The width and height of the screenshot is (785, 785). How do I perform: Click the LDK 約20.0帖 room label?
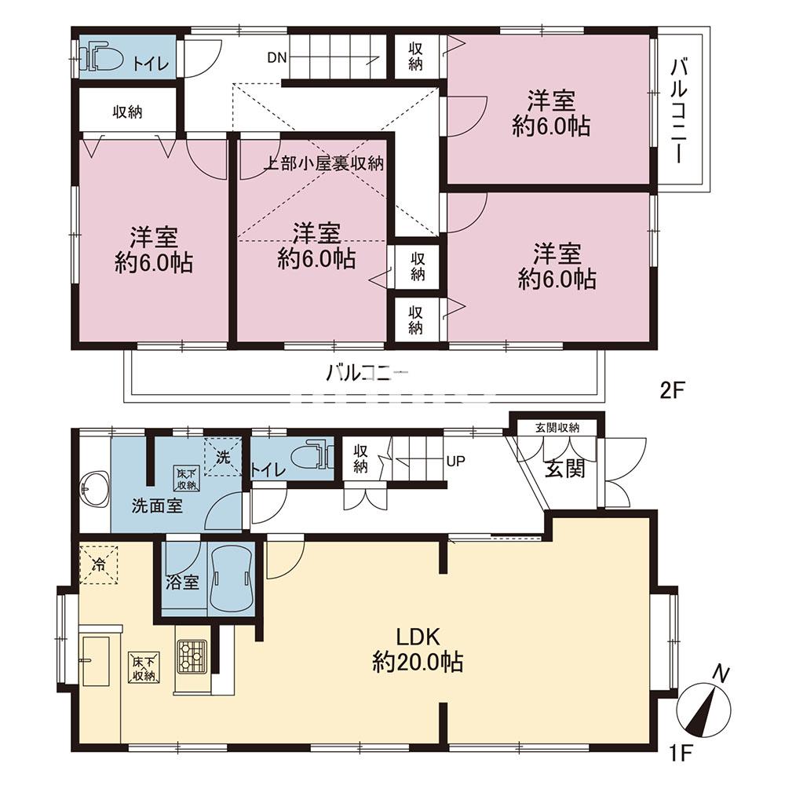pyautogui.click(x=418, y=650)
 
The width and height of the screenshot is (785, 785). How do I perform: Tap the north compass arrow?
pyautogui.click(x=703, y=706)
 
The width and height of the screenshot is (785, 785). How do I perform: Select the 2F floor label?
pyautogui.click(x=672, y=390)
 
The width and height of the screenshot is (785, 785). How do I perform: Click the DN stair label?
pyautogui.click(x=277, y=57)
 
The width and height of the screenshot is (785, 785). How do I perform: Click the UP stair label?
pyautogui.click(x=455, y=461)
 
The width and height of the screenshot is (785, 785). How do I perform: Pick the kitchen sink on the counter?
pyautogui.click(x=96, y=661)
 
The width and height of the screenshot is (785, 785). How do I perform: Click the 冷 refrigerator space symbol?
pyautogui.click(x=99, y=564)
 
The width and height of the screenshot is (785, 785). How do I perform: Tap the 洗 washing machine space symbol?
pyautogui.click(x=223, y=457)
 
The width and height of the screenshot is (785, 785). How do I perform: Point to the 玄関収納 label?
pyautogui.click(x=557, y=428)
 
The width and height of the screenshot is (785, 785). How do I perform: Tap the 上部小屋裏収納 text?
pyautogui.click(x=323, y=163)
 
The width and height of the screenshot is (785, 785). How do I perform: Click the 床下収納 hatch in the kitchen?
pyautogui.click(x=144, y=666)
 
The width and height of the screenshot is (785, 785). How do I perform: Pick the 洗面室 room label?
pyautogui.click(x=157, y=506)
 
